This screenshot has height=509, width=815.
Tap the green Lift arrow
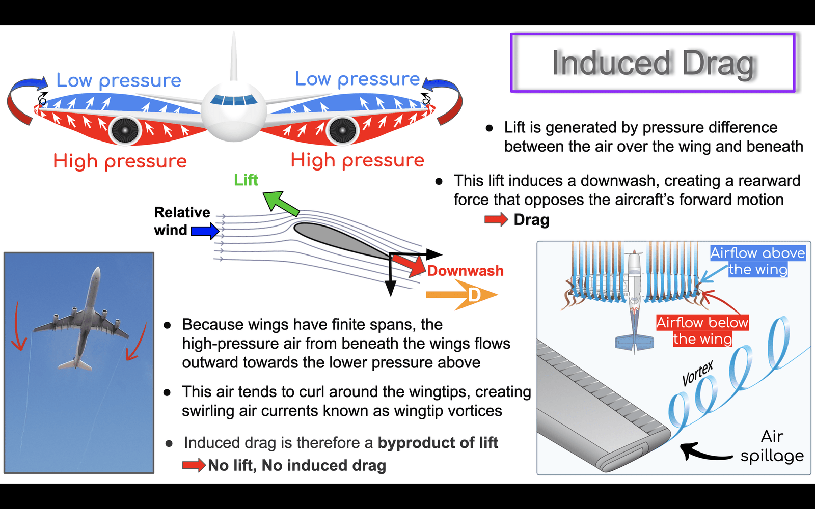281,202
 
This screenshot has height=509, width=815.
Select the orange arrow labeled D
461,295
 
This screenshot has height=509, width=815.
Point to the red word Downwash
466,271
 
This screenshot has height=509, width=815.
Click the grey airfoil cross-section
342,240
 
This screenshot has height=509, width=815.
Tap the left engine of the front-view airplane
125,130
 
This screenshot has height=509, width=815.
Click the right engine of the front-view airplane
342,130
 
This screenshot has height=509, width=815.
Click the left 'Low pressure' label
119,80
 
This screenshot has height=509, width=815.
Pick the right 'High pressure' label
357,160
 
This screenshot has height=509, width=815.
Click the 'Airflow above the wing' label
758,261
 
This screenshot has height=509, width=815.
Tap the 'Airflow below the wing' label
702,330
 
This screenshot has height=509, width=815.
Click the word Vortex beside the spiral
697,374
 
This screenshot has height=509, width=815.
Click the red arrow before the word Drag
496,219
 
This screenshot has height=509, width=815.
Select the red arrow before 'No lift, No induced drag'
194,465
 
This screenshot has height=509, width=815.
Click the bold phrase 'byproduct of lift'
438,443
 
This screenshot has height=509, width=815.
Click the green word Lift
246,180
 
